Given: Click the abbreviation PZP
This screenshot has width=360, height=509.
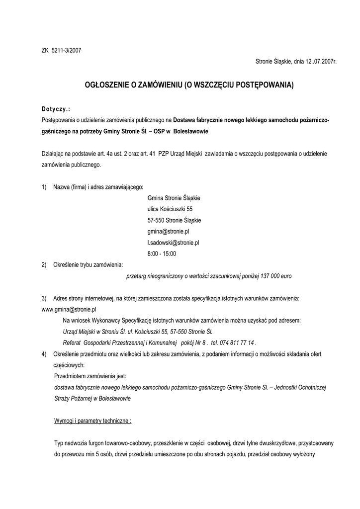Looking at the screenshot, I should pos(163,154).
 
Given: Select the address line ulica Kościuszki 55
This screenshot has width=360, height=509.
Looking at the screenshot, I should pos(170,209).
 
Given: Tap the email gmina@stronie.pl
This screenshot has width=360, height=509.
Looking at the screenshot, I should pos(168,232).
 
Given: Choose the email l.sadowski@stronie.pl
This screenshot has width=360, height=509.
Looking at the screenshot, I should pos(173,243).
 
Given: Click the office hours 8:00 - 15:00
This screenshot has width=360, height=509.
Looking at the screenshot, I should pos(162,254).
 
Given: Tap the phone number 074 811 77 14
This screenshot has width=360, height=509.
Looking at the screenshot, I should pos(233,342).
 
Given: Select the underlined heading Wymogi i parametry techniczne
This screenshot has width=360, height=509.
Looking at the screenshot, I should pos(92,421).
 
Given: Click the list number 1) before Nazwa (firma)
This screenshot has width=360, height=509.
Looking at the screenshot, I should pos(45,187).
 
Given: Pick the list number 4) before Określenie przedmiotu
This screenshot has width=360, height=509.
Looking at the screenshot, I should pos(45,354).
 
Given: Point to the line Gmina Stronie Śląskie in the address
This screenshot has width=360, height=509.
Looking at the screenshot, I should pos(174,198).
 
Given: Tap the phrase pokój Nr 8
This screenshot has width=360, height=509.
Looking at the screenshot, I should pos(194,342).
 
